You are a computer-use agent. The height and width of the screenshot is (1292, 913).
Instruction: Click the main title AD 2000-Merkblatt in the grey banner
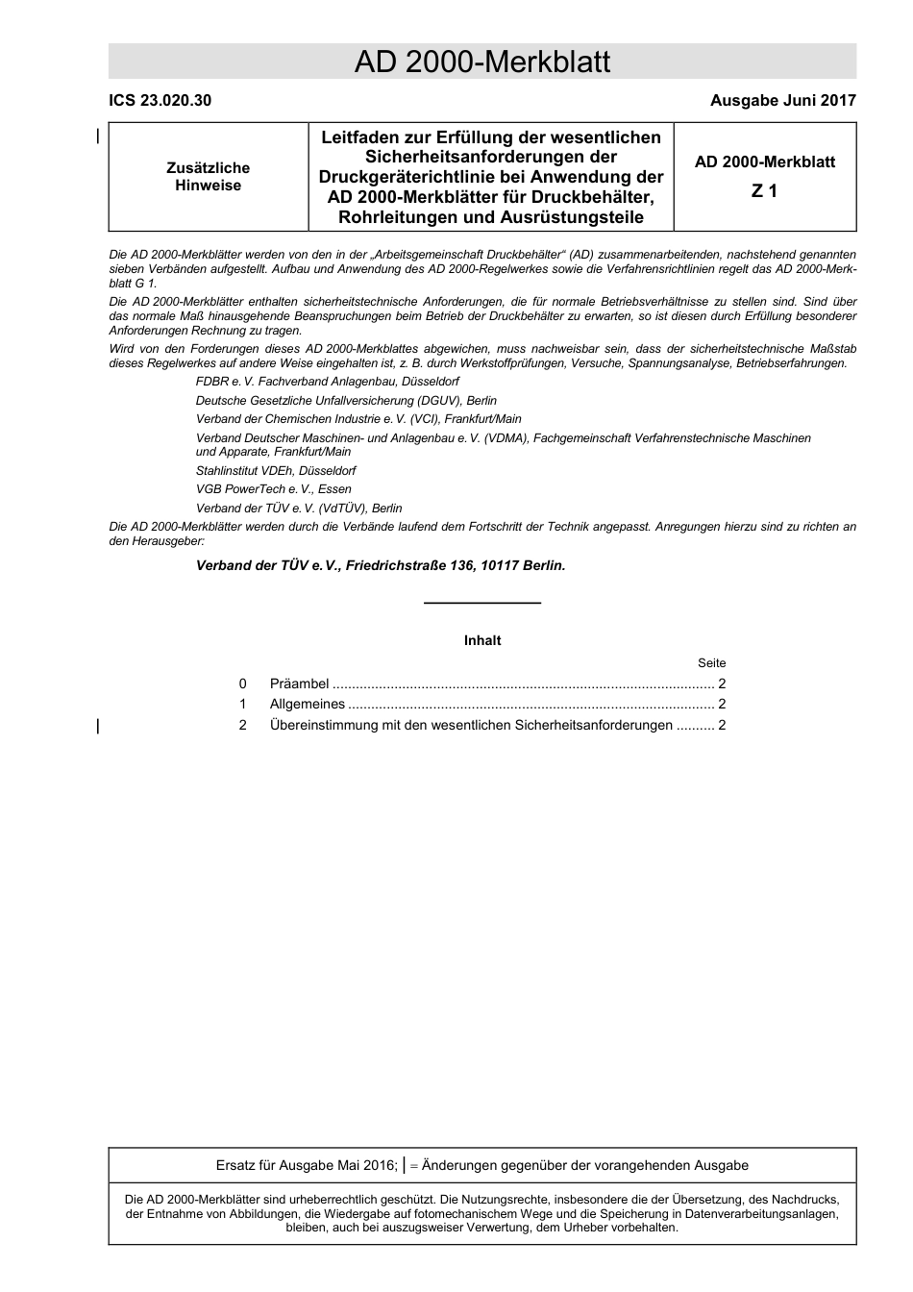[x=481, y=62]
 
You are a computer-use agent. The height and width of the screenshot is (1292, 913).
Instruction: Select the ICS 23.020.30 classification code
[x=160, y=100]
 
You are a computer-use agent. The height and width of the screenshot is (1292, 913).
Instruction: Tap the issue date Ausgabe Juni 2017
[x=782, y=100]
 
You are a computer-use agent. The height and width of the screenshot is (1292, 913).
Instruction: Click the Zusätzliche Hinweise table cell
[x=208, y=177]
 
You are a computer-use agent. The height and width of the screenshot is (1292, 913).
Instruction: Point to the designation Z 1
[x=764, y=191]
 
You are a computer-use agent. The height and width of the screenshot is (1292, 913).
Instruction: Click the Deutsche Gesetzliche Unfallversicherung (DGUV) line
[x=346, y=401]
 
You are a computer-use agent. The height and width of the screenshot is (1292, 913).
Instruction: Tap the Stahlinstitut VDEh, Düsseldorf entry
[x=276, y=471]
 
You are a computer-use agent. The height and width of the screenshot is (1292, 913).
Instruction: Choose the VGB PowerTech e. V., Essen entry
[x=273, y=489]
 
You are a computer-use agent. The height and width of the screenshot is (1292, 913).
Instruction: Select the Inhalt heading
[x=482, y=641]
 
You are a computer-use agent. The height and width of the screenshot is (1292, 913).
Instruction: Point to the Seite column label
[x=711, y=663]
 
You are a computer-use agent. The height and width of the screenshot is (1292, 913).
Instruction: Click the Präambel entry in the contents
[x=299, y=684]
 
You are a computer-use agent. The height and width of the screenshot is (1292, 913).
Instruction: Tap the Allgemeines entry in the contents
[x=307, y=705]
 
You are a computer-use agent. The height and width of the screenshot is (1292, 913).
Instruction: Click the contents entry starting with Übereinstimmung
[x=471, y=726]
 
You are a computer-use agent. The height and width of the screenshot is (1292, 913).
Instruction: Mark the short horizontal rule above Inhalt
[x=482, y=603]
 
